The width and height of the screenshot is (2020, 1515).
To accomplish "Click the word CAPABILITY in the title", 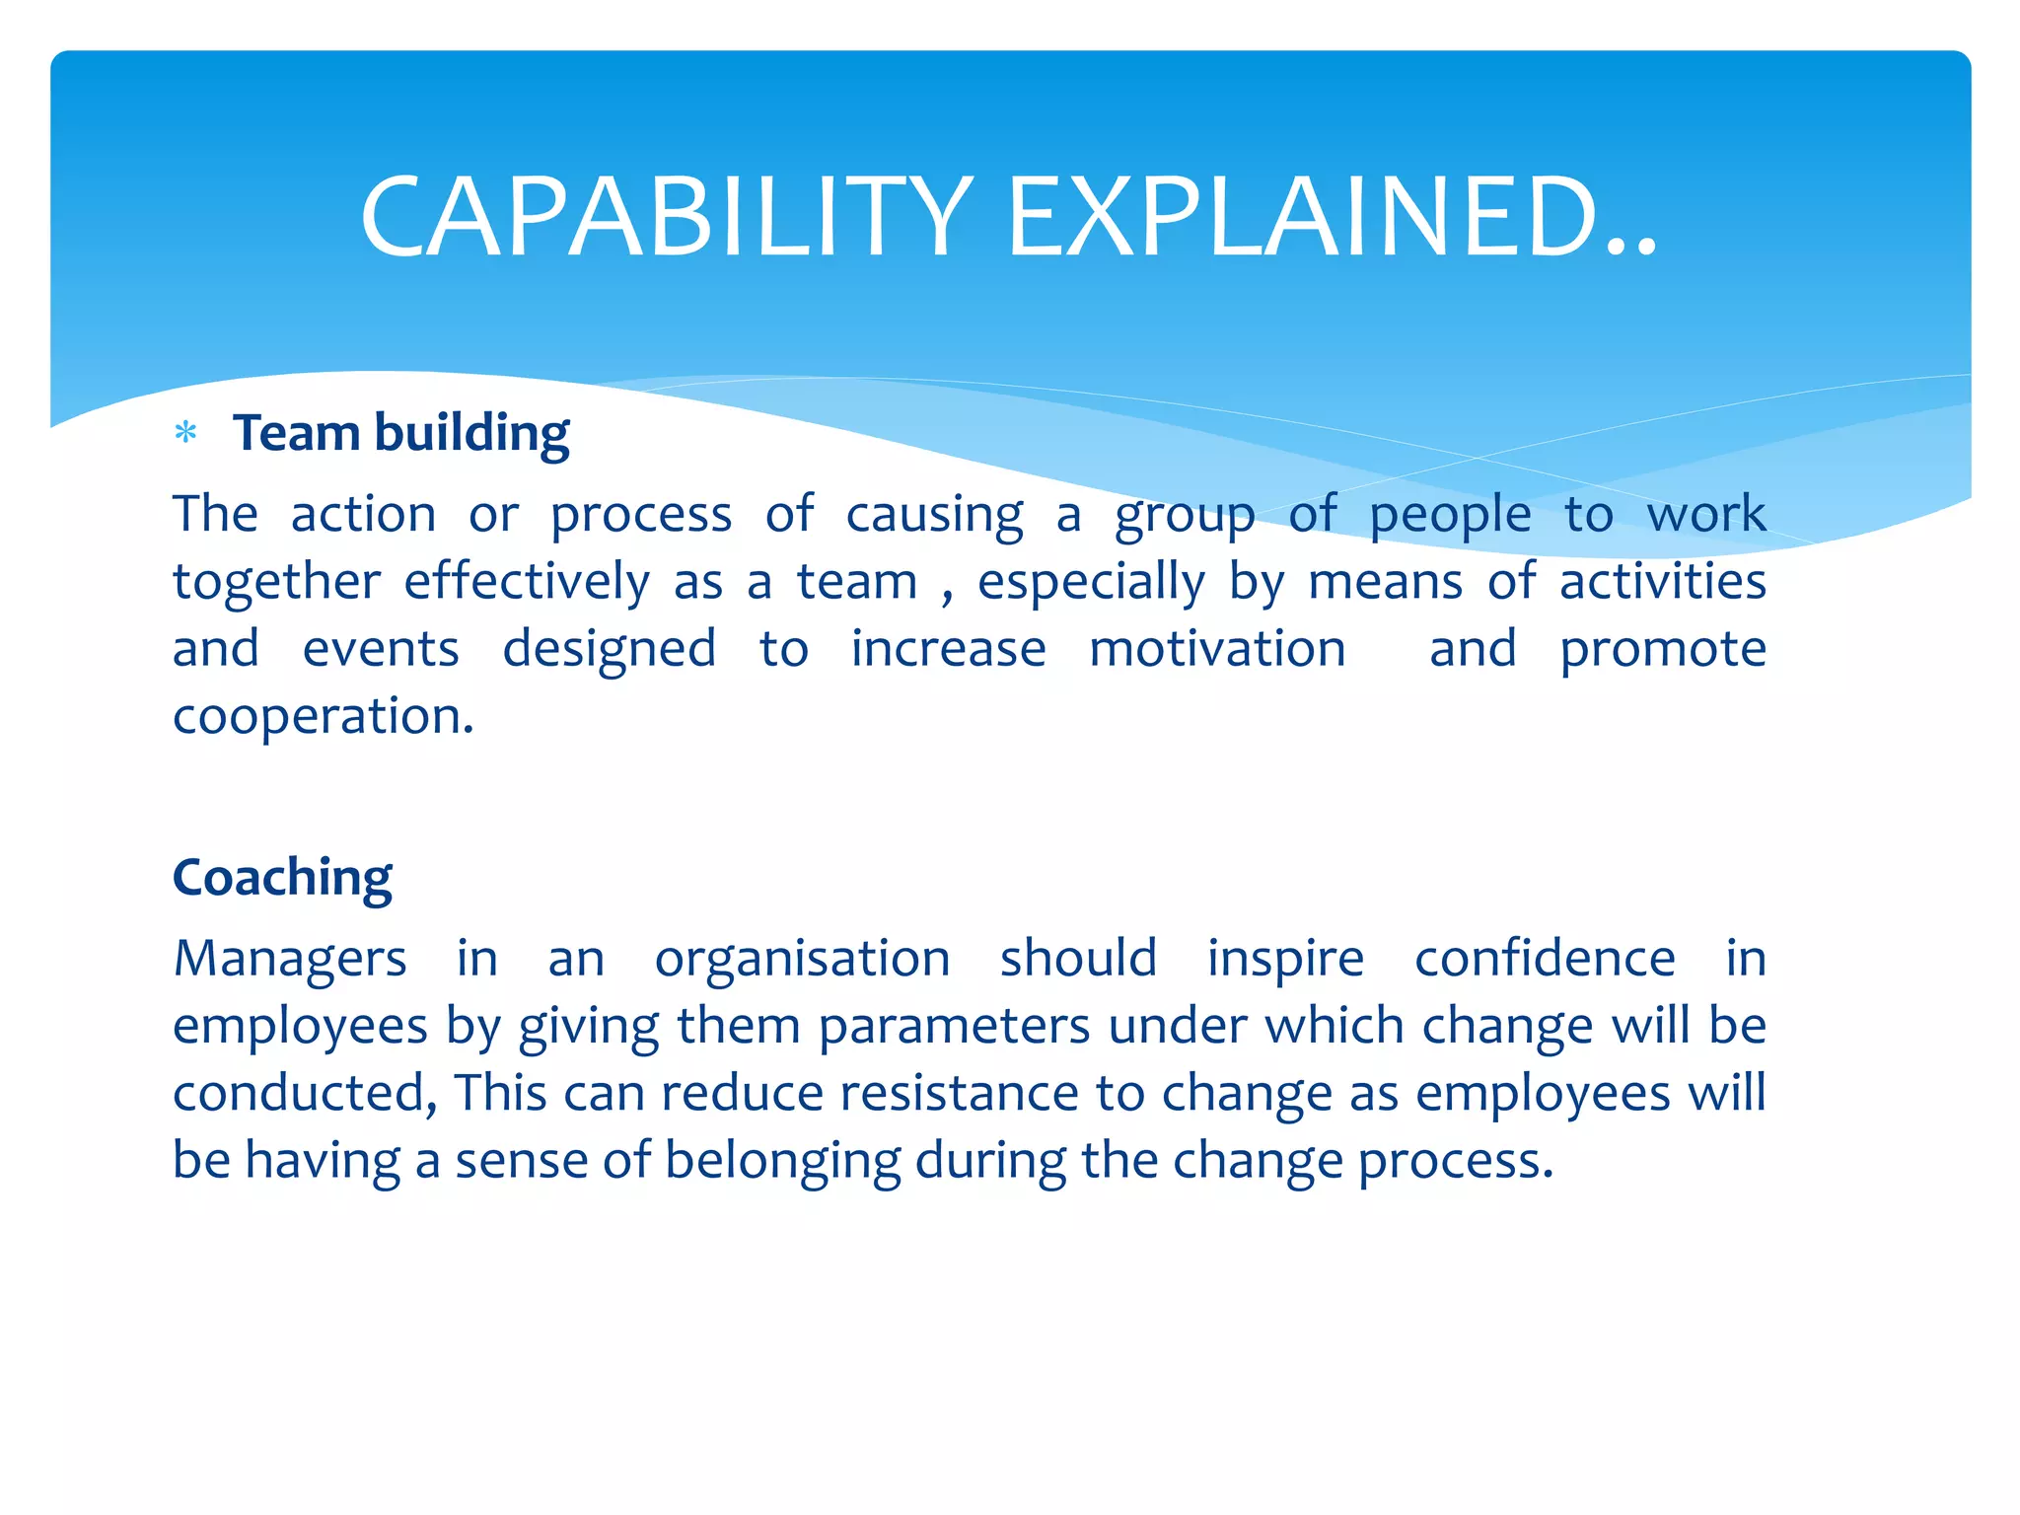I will point(667,217).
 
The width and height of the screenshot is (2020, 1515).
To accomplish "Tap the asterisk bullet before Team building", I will point(185,433).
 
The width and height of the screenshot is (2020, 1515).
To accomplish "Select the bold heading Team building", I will point(400,434).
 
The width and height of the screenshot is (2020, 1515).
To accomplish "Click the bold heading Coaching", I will point(282,877).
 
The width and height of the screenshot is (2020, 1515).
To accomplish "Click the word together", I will point(276,582).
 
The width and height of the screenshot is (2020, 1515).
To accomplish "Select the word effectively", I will point(527,582).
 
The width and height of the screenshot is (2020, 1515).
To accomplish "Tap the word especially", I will point(1091,582).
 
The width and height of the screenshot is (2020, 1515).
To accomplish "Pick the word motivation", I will point(1217,649).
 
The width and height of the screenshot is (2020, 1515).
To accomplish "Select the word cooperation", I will point(322,717).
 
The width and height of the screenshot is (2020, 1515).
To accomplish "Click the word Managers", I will point(290,959).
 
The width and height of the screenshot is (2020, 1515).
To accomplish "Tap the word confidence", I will point(1545,959).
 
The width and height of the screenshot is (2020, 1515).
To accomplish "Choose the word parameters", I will point(954,1027).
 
